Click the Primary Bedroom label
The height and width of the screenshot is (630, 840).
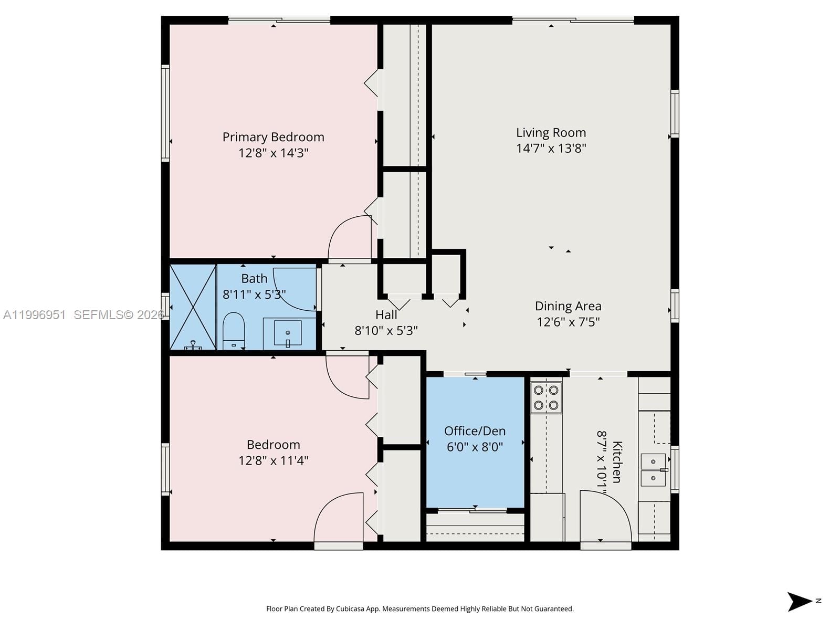point(273,137)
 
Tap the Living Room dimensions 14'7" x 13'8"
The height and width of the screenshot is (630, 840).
point(551,149)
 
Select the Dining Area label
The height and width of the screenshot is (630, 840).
point(568,306)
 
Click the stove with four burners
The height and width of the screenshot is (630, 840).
point(546,397)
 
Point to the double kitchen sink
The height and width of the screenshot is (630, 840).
point(653,470)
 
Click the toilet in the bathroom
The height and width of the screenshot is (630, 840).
point(234,331)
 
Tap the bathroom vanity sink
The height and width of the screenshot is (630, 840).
point(288,333)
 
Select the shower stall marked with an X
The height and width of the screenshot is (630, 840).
point(193,307)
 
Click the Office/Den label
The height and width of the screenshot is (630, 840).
point(475,431)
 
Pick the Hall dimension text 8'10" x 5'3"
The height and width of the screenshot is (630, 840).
point(386,331)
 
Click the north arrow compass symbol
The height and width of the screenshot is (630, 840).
point(801,602)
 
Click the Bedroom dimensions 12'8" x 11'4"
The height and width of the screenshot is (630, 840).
point(273,460)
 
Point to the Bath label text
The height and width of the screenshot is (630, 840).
point(254,279)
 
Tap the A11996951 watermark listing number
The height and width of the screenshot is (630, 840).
point(35,315)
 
